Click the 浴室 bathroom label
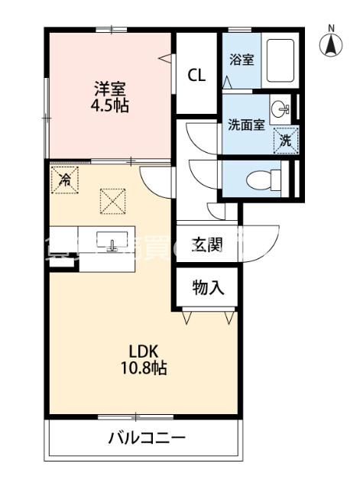pyautogui.click(x=242, y=60)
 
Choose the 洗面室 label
pyautogui.click(x=245, y=125)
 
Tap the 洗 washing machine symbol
pyautogui.click(x=285, y=139)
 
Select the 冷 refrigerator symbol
pyautogui.click(x=66, y=181)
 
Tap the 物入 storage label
pyautogui.click(x=207, y=287)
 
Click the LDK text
pyautogui.click(x=142, y=352)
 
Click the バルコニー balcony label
pyautogui.click(x=147, y=439)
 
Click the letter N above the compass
pyautogui.click(x=331, y=29)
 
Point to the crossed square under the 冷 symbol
pyautogui.click(x=112, y=202)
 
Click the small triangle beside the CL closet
pyautogui.click(x=165, y=56)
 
